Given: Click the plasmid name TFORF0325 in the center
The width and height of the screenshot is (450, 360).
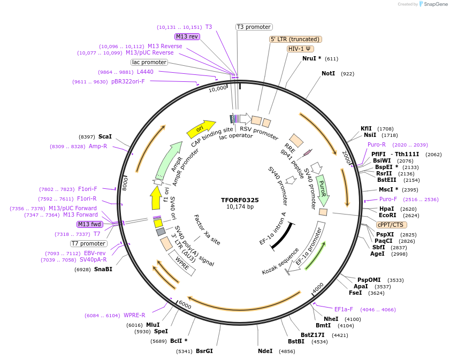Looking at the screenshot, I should point(240,200).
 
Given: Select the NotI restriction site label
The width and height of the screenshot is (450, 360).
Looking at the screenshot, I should point(328,73).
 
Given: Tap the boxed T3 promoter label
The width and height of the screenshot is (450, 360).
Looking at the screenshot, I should point(254,27).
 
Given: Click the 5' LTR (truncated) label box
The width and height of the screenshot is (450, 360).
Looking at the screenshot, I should point(295,39).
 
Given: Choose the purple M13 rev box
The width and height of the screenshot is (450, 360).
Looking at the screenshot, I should point(187,36).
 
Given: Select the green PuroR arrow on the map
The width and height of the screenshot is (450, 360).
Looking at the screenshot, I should point(323,189).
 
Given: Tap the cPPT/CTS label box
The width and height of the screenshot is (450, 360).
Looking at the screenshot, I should point(391,225).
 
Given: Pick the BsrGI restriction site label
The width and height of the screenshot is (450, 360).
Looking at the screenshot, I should point(204,351).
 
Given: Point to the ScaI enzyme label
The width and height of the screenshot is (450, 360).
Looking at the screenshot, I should point(105,137).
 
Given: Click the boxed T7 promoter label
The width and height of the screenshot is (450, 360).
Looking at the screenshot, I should point(88,243).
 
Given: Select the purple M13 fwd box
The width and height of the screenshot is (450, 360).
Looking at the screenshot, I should point(89,224).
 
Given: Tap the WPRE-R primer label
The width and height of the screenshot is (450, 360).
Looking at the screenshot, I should point(134,315).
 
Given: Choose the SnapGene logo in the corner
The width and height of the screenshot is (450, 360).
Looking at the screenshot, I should point(433,4).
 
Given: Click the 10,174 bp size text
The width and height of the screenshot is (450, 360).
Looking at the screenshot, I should point(240,207).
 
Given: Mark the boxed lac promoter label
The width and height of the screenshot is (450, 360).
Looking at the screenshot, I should point(149,62).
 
